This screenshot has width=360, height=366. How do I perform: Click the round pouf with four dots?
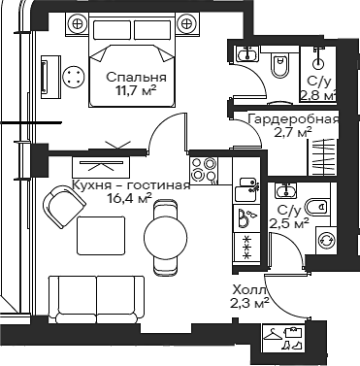73,77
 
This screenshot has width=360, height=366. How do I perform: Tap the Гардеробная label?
292,119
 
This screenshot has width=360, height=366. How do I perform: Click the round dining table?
162,234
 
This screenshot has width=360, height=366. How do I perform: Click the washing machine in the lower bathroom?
327,239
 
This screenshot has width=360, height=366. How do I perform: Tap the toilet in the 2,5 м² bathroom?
314,205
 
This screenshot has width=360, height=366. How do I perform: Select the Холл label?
245,288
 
